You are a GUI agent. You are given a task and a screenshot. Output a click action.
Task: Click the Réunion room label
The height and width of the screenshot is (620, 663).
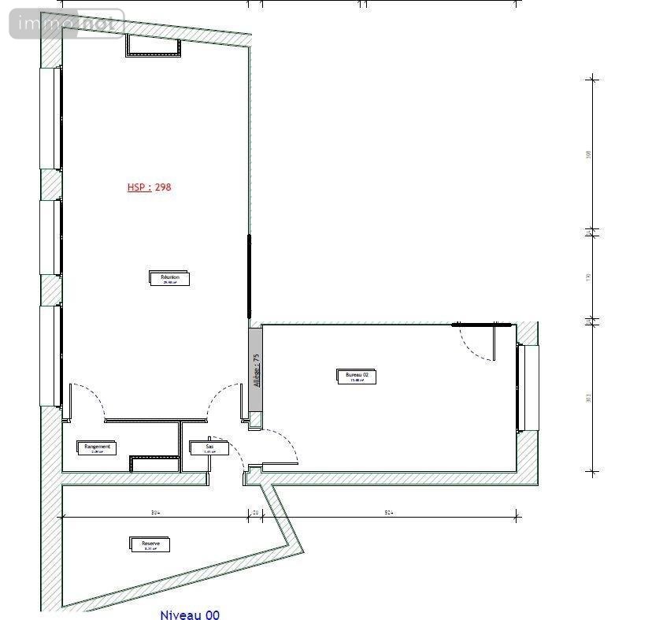coord(170,278)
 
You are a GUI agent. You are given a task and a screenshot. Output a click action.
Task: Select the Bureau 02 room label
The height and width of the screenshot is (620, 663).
coord(356,376)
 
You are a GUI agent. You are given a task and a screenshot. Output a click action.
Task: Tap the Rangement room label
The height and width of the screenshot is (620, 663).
coord(98,447)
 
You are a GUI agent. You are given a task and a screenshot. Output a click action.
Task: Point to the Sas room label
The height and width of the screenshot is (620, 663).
coord(209,447)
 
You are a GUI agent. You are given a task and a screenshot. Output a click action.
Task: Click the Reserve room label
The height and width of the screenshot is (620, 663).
coord(150,544)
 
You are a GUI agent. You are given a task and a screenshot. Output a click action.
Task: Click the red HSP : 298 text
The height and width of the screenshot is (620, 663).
coord(149,187)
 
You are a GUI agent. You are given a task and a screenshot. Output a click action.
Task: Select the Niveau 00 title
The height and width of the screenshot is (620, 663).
coord(190,615)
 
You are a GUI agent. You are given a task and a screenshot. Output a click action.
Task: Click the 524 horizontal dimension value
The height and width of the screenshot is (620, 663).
coord(388,512)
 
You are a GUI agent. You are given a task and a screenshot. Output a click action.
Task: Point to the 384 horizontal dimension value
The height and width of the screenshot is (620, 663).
coord(156,512)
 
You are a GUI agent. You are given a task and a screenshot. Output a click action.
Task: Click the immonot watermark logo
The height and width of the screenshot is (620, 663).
coord(67,24)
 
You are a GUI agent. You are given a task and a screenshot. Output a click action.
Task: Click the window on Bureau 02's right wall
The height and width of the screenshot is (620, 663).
coord(528,388)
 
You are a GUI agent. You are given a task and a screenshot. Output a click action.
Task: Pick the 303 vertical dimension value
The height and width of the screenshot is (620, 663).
coord(588,398)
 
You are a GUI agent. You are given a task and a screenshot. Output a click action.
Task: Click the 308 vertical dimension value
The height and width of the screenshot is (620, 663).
coord(588,154)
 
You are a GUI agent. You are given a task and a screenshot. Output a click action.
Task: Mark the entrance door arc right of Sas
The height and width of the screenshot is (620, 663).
coord(282,445)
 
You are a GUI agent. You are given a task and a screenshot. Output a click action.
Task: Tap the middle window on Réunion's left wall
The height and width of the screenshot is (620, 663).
coord(51,237)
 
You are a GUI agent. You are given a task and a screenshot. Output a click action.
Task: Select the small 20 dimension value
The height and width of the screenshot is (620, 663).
coord(255,512)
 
